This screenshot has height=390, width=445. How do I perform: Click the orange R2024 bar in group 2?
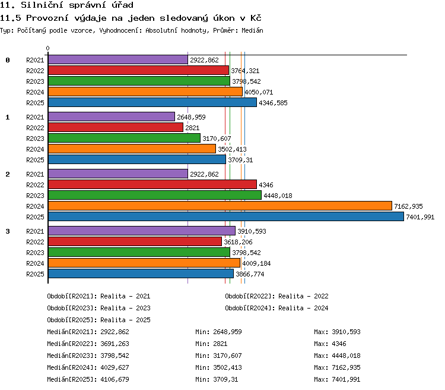220,206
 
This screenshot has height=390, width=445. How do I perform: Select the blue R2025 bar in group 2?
226,217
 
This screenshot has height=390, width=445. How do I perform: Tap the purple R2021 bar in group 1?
112,117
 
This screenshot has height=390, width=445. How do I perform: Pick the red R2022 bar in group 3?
135,241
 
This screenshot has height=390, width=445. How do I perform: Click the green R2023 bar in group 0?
139,81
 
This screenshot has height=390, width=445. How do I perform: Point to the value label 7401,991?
420,218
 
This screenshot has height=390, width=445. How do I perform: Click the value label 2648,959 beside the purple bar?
191,117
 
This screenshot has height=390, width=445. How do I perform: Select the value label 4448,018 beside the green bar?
278,196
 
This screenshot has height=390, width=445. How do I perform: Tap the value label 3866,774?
250,274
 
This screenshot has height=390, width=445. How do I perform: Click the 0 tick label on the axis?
47,48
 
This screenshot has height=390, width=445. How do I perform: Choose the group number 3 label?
8,231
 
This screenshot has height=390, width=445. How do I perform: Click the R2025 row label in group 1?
35,160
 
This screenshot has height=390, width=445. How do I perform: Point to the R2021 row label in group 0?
35,60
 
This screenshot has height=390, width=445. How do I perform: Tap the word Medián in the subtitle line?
252,30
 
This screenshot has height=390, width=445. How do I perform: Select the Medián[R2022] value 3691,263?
115,344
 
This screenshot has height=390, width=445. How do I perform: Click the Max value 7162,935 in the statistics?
346,367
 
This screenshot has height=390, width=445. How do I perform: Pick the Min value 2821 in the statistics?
220,344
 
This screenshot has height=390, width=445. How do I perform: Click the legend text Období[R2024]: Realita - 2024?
276,308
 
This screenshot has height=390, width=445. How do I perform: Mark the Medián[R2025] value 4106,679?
115,379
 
